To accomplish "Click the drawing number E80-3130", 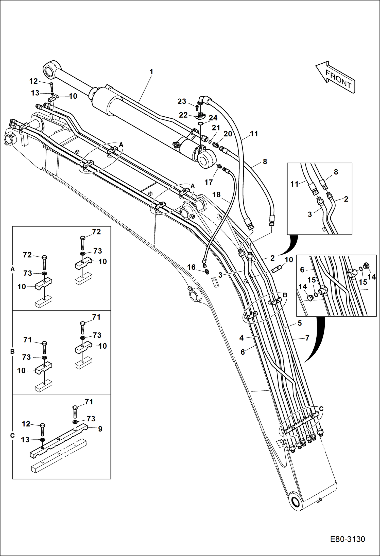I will (347, 539).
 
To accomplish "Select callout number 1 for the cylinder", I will (151, 72).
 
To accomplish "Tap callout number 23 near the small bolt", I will (182, 101).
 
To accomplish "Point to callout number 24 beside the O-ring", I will (213, 118).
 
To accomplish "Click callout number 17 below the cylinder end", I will (209, 182).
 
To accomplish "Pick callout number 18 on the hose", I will (216, 194).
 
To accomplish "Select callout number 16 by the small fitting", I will (191, 267).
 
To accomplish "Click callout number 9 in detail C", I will (100, 429).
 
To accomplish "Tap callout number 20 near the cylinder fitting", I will (228, 134).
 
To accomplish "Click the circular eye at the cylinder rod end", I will (48, 71).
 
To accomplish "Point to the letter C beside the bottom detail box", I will (12, 436).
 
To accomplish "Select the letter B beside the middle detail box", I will (12, 351).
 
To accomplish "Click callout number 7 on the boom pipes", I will (307, 338).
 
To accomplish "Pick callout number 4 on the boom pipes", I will (241, 338).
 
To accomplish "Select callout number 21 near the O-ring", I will (216, 128).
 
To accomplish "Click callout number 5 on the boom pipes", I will (300, 323).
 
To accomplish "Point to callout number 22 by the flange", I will (183, 115).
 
